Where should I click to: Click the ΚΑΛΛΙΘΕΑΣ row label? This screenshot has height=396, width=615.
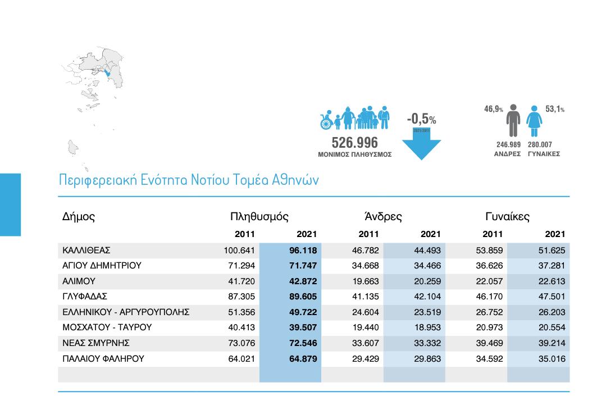click(x=86, y=251)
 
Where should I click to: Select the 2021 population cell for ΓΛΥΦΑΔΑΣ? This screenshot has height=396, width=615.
click(x=302, y=297)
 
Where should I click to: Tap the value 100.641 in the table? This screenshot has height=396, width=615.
click(x=239, y=251)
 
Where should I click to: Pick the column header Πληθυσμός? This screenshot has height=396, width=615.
click(x=259, y=217)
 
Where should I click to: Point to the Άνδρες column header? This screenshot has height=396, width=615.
click(x=383, y=217)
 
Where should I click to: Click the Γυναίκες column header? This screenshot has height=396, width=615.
click(x=507, y=217)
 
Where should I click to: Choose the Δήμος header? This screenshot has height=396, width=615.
click(x=78, y=217)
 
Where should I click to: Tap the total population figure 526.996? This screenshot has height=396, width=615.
click(x=354, y=143)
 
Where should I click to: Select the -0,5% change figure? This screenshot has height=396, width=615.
click(x=421, y=119)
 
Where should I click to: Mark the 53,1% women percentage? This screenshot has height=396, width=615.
click(x=555, y=110)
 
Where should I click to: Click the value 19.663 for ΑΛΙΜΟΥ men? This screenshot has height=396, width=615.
click(x=365, y=281)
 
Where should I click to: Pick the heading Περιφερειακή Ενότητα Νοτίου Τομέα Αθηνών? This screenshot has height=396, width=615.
click(x=189, y=180)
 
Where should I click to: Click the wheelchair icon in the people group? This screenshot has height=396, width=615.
click(x=326, y=120)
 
